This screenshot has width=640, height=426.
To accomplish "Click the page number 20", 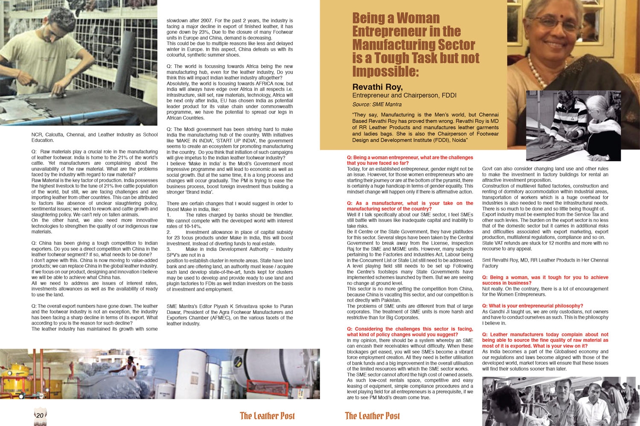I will point(40,415).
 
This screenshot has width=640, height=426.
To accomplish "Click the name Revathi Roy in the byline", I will point(377,87).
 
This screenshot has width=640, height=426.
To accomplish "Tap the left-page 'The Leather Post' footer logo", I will point(267,416).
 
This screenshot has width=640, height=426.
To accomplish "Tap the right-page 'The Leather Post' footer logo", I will point(372,416).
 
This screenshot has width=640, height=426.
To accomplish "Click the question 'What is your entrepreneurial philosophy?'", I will point(532,306).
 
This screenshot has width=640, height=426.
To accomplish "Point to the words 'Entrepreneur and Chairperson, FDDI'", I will point(404,95).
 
